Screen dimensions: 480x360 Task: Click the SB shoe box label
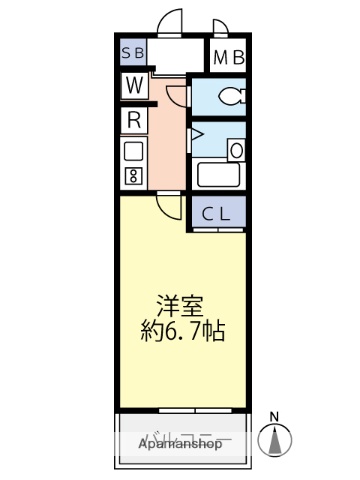point(133,55)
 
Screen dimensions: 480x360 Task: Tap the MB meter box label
point(228,57)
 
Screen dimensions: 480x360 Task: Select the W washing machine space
point(133,86)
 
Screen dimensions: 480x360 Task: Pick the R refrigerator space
point(133,120)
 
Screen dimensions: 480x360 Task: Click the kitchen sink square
point(132,152)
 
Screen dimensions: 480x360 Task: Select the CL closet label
point(218,212)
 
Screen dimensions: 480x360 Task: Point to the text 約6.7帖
point(180,331)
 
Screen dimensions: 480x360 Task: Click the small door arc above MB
point(221,29)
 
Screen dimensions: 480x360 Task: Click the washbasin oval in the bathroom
point(236,149)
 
